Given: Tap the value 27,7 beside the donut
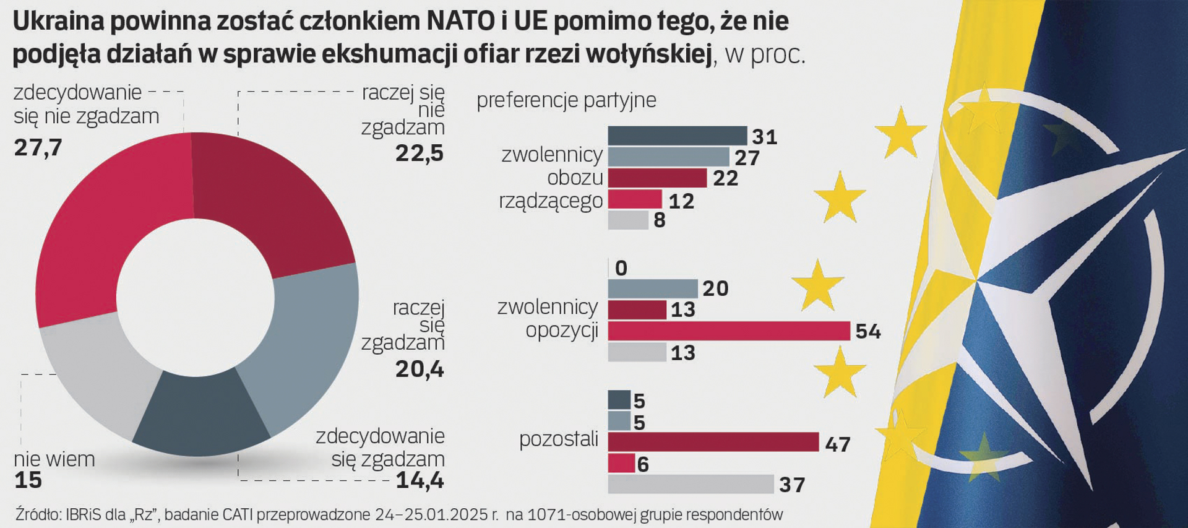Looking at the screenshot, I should coord(38,148).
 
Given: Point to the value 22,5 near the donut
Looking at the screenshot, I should coord(420,154).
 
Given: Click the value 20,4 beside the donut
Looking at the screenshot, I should coord(420,370).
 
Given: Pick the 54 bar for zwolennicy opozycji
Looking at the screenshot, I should coord(728,331).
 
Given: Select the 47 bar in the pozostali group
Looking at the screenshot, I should coord(713,442).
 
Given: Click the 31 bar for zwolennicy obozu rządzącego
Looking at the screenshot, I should coord(677,136).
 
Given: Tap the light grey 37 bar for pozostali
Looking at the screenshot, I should coord(691,484).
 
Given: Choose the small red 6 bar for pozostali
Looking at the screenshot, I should coord(621,463).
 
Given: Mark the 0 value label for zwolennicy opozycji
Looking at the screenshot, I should coord(621,268).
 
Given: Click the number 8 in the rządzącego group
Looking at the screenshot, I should coord(660,220).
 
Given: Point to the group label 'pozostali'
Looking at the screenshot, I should coord(558,439).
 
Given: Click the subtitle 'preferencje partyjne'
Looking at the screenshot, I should coord(566,100).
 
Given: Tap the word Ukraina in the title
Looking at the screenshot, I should coord(59,22).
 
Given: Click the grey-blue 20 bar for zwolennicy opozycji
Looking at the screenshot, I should coord(653,288).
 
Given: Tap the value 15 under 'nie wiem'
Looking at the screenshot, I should coord(28,480).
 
